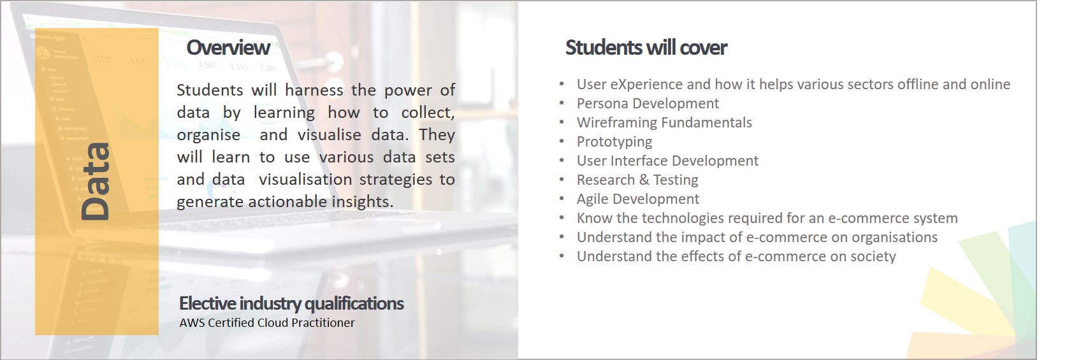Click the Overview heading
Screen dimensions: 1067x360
pyautogui.click(x=228, y=48)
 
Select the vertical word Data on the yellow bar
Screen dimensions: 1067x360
pyautogui.click(x=96, y=182)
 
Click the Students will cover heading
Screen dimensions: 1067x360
pyautogui.click(x=646, y=48)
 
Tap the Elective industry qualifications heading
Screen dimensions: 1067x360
pyautogui.click(x=291, y=303)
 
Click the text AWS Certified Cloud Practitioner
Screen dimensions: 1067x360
pyautogui.click(x=266, y=323)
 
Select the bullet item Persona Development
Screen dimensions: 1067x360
pyautogui.click(x=648, y=103)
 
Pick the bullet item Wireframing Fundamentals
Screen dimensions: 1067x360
pyautogui.click(x=664, y=122)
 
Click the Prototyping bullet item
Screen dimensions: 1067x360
pyautogui.click(x=614, y=142)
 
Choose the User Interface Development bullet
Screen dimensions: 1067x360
pyautogui.click(x=667, y=161)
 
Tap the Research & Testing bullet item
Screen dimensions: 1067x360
pyautogui.click(x=637, y=180)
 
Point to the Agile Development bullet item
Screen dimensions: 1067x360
pyautogui.click(x=638, y=199)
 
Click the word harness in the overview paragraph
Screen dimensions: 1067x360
pyautogui.click(x=314, y=90)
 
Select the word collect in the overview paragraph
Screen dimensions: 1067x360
pyautogui.click(x=428, y=113)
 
